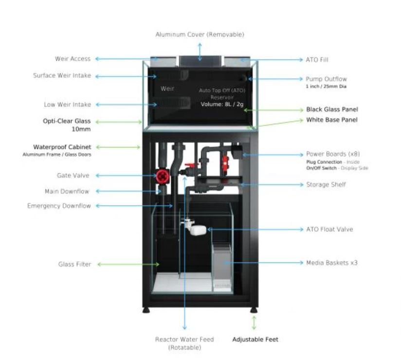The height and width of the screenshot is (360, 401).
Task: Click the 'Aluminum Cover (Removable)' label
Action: tap(200, 35)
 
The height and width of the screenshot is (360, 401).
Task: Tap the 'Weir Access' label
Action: tap(73, 59)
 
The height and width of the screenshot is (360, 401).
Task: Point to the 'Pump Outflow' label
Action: tap(326, 79)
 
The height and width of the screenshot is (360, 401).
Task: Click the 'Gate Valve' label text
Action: tap(73, 175)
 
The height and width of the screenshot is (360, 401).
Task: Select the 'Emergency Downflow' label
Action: tap(59, 206)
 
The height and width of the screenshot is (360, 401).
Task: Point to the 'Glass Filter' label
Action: tap(74, 264)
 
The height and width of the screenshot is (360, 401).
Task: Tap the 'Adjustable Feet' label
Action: tap(255, 339)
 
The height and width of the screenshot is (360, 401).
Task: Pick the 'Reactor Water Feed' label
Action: tap(184, 339)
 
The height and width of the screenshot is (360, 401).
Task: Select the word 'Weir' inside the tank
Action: tap(167, 89)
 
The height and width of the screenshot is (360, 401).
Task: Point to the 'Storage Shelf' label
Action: tap(326, 185)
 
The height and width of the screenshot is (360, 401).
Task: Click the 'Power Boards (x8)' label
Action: tap(333, 154)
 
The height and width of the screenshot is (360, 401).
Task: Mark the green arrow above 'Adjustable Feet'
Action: tap(254, 323)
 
